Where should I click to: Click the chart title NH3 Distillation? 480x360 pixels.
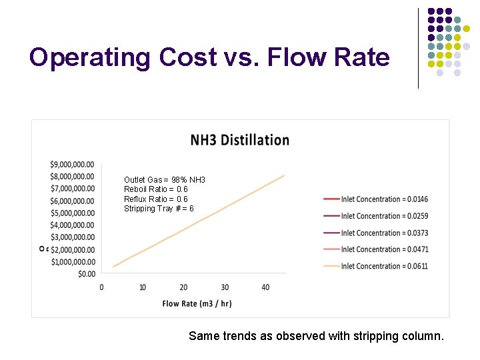pyautogui.click(x=240, y=140)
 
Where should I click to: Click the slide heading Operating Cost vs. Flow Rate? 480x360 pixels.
pyautogui.click(x=209, y=57)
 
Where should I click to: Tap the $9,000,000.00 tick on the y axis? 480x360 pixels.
pyautogui.click(x=72, y=164)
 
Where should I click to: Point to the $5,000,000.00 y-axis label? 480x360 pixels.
pyautogui.click(x=72, y=213)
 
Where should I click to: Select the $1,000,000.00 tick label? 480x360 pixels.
pyautogui.click(x=72, y=261)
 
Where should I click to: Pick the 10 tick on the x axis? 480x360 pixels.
pyautogui.click(x=143, y=287)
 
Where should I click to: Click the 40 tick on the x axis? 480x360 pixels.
pyautogui.click(x=265, y=287)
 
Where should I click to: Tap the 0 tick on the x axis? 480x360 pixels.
pyautogui.click(x=101, y=287)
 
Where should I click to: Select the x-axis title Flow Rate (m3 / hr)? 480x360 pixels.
pyautogui.click(x=197, y=304)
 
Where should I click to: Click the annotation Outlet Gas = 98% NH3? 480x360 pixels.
pyautogui.click(x=165, y=180)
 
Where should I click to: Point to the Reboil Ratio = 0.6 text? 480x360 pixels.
pyautogui.click(x=156, y=189)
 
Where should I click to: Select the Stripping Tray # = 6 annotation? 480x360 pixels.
pyautogui.click(x=159, y=209)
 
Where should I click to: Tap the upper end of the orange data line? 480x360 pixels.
pyautogui.click(x=284, y=175)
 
